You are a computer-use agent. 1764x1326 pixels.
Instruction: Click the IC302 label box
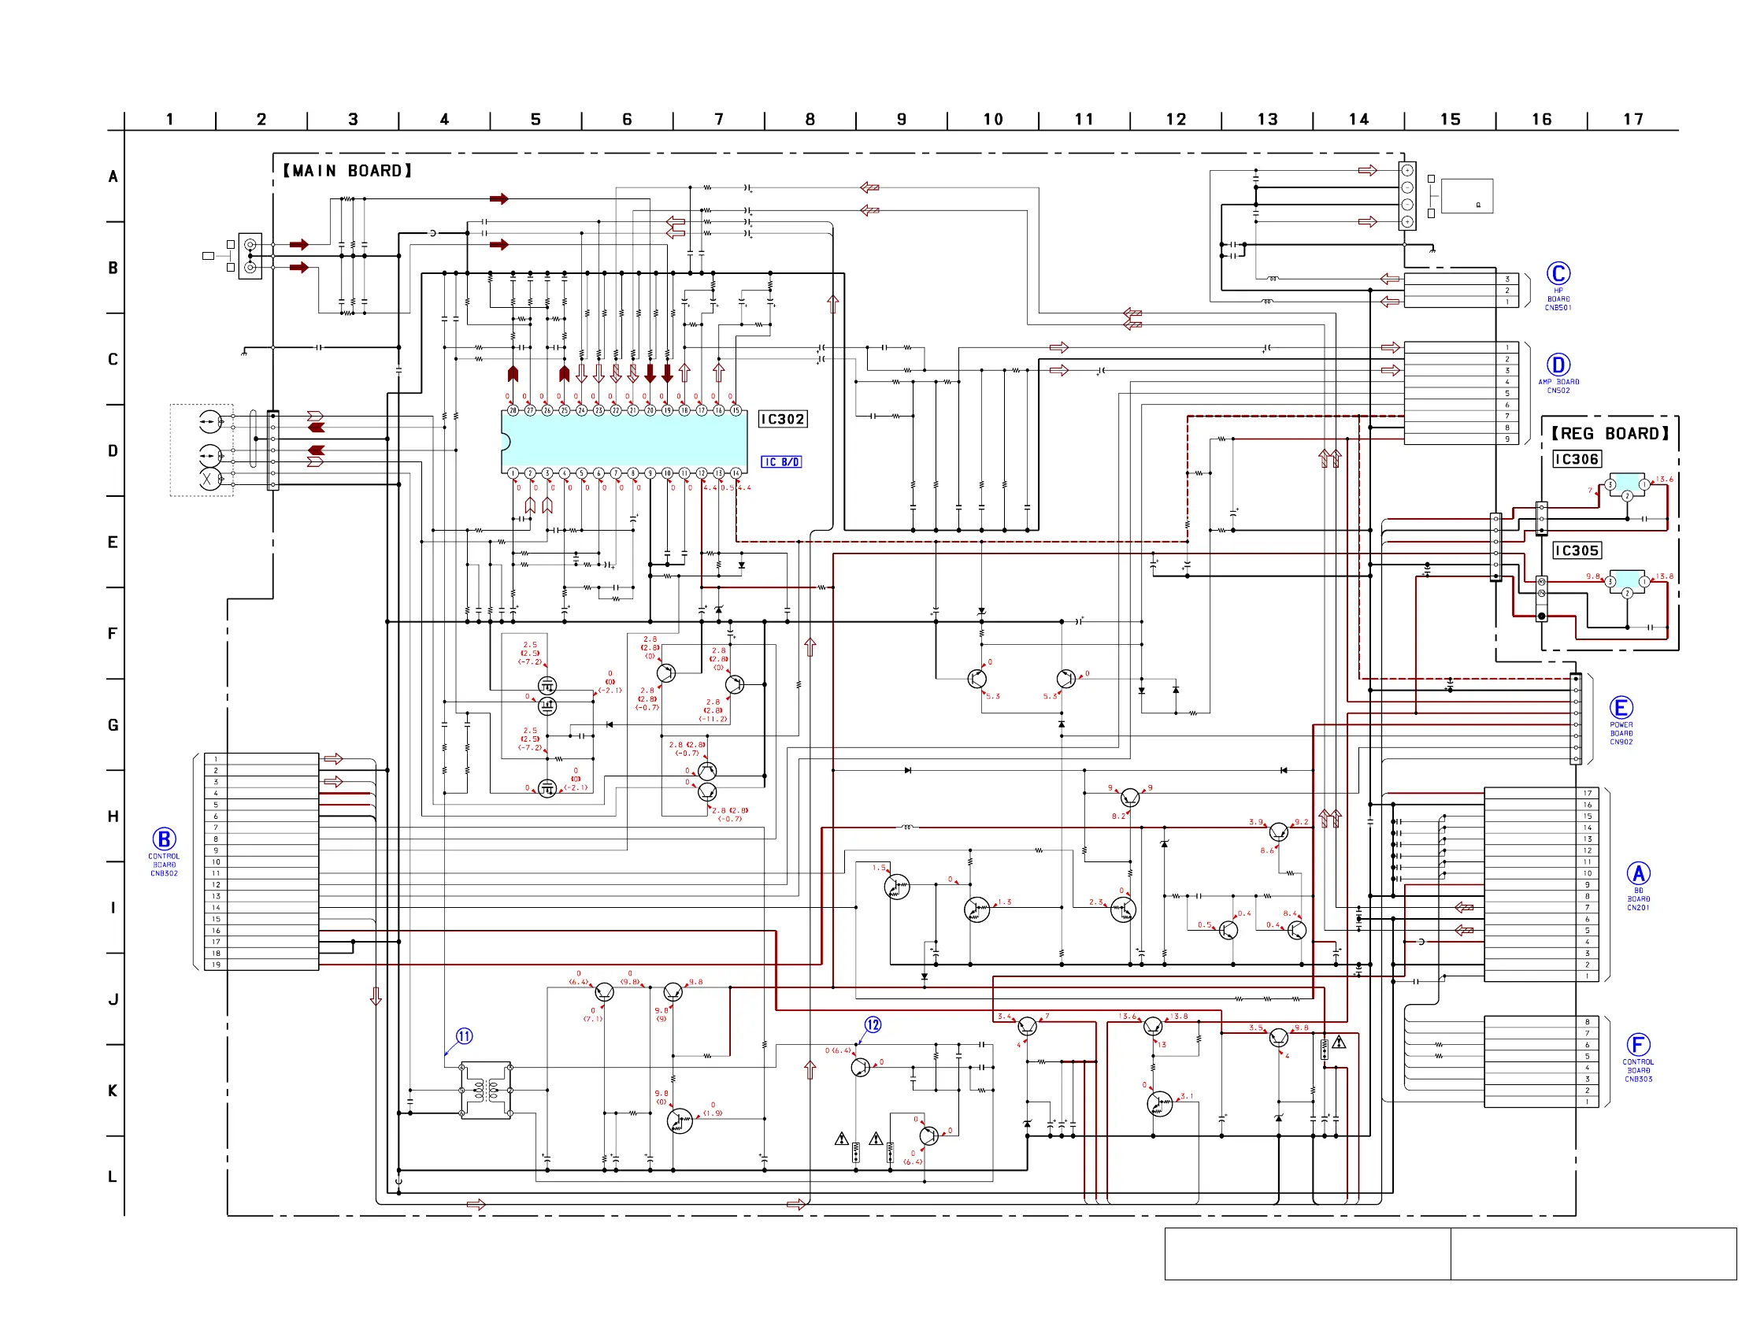point(782,420)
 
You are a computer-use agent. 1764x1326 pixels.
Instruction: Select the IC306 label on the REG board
point(1577,459)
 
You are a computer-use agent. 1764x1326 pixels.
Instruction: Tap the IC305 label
point(1577,551)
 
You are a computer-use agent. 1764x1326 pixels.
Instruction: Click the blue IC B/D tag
point(780,462)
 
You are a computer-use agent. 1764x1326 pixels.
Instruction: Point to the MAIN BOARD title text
point(348,171)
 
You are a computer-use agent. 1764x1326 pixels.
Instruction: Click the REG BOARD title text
point(1610,434)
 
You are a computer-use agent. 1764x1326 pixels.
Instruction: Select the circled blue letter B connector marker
point(165,839)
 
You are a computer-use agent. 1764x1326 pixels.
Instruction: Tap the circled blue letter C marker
point(1558,273)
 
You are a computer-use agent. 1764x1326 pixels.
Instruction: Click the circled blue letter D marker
point(1558,365)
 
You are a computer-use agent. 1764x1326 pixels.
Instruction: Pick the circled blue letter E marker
point(1621,708)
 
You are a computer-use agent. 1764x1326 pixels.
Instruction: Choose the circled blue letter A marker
point(1638,874)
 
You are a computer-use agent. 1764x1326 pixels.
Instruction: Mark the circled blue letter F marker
point(1638,1045)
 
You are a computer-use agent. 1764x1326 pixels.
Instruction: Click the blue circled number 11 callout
point(464,1036)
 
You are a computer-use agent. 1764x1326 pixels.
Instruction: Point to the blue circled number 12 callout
point(873,1025)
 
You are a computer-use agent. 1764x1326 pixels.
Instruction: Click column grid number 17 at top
point(1633,120)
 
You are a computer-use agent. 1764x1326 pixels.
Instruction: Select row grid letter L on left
point(113,1177)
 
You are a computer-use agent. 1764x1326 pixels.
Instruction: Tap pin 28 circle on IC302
point(513,411)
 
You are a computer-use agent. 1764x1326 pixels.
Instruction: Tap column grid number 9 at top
point(902,120)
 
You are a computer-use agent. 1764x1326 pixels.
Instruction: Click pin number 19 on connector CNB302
point(216,965)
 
